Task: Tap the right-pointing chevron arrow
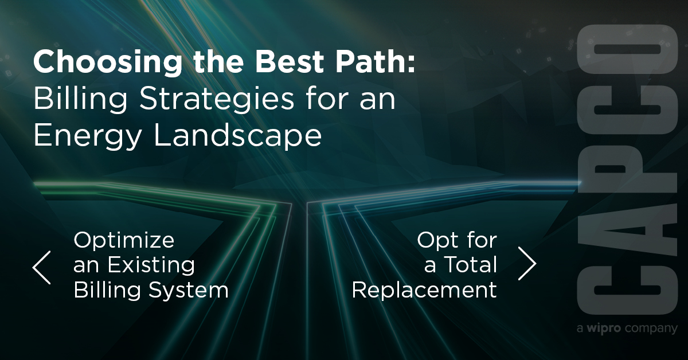tap(527, 263)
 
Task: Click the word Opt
tap(434, 240)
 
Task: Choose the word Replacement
tap(424, 290)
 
